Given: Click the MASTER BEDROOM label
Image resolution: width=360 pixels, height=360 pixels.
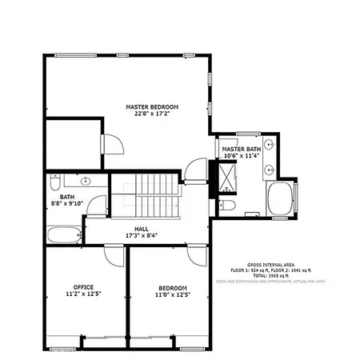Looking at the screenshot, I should pyautogui.click(x=152, y=106).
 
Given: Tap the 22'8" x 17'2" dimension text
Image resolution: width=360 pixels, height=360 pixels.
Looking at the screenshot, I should pyautogui.click(x=152, y=114).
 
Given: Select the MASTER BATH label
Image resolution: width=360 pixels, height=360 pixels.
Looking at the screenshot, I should pyautogui.click(x=242, y=150).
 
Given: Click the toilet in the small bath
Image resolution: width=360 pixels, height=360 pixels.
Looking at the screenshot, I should pyautogui.click(x=54, y=180).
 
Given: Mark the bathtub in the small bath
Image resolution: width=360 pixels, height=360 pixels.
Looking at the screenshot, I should pyautogui.click(x=64, y=235).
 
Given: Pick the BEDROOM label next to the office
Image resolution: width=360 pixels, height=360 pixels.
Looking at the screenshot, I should pyautogui.click(x=173, y=288).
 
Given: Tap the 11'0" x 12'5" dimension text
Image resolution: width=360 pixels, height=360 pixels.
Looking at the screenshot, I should pyautogui.click(x=173, y=296).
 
